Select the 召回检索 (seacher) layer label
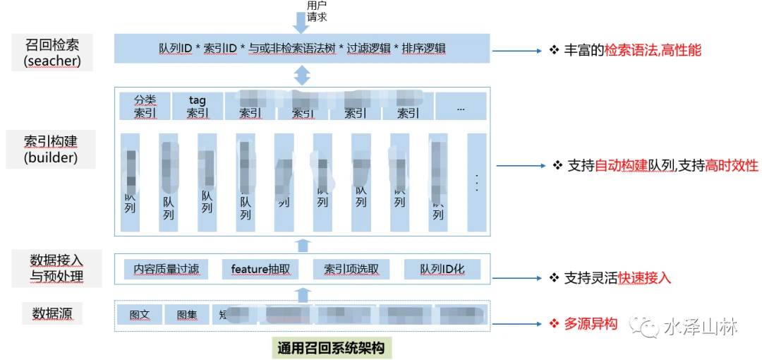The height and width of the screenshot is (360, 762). pos(51,52)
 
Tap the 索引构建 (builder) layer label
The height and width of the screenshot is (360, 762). pos(51,148)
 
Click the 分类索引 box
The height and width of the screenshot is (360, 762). pos(145,106)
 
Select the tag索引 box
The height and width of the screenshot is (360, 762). pos(197,106)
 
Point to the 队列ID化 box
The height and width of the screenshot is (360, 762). pos(442,269)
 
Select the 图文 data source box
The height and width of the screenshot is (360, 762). pos(139,315)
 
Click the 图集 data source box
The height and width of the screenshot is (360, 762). pos(187,315)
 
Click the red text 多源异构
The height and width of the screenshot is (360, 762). pos(591,323)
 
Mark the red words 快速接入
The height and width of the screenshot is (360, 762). pos(644,277)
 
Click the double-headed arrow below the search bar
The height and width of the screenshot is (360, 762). pos(302,74)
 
